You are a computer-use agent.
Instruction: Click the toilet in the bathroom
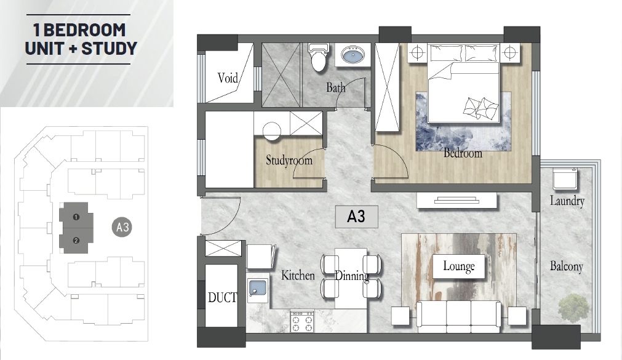click(319, 58)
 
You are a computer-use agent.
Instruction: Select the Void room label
click(228, 78)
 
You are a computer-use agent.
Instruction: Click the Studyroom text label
click(289, 161)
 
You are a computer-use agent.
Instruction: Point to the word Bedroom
click(463, 153)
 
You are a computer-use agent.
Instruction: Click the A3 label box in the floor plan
click(356, 217)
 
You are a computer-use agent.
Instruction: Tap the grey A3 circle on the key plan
click(122, 227)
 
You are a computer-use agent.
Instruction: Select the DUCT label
click(222, 297)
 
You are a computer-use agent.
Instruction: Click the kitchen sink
click(257, 289)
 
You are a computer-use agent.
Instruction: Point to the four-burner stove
click(302, 321)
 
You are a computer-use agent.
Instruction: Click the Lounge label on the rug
click(459, 266)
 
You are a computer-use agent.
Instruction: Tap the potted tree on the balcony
click(573, 308)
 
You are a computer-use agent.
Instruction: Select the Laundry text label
click(567, 201)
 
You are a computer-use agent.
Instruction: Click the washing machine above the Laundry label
click(565, 178)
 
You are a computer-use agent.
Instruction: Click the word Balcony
click(567, 266)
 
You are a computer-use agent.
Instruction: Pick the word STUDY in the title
click(109, 49)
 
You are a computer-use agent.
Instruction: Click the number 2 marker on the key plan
click(76, 241)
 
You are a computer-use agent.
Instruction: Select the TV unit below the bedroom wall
click(457, 200)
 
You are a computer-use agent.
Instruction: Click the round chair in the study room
click(272, 130)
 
